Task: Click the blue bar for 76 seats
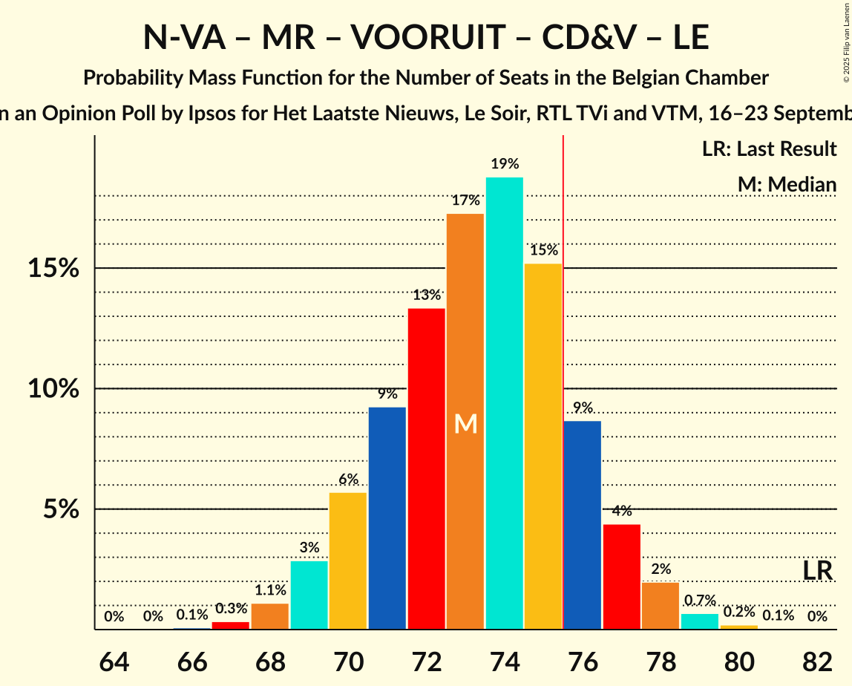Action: coord(583,525)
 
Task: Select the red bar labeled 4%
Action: coord(622,577)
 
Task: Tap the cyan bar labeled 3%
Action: coord(309,595)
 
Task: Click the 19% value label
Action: coord(504,164)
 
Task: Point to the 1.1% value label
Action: coord(270,590)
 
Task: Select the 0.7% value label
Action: coord(700,601)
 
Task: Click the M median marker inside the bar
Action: coord(465,423)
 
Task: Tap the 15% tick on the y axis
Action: coord(53,268)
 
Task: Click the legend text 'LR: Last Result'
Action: coord(769,149)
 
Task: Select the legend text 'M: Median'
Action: coord(787,184)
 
